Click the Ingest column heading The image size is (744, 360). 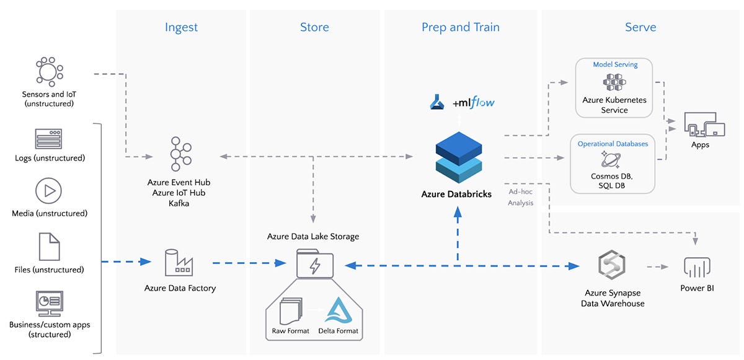point(181,27)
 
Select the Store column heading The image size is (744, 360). point(314,27)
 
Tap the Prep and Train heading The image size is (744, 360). point(460,27)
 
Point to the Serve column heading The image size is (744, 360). point(640,27)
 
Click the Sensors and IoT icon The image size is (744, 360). point(49,72)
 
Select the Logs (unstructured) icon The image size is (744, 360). point(48,139)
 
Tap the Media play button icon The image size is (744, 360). point(48,191)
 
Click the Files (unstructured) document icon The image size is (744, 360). point(49,247)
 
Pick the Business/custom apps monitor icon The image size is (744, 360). point(49,304)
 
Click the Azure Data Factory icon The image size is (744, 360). point(179,263)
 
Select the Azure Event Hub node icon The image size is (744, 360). point(180,154)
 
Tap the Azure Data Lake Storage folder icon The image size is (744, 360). point(315,263)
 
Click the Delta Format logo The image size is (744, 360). point(338,310)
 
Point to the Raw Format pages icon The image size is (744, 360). point(291,311)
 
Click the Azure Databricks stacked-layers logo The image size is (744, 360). point(459,157)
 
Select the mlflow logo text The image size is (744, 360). point(474,102)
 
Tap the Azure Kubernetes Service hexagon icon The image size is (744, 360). point(614,82)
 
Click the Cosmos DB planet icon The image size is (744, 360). point(611,159)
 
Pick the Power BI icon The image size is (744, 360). point(697,268)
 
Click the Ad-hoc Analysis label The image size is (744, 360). point(520,197)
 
